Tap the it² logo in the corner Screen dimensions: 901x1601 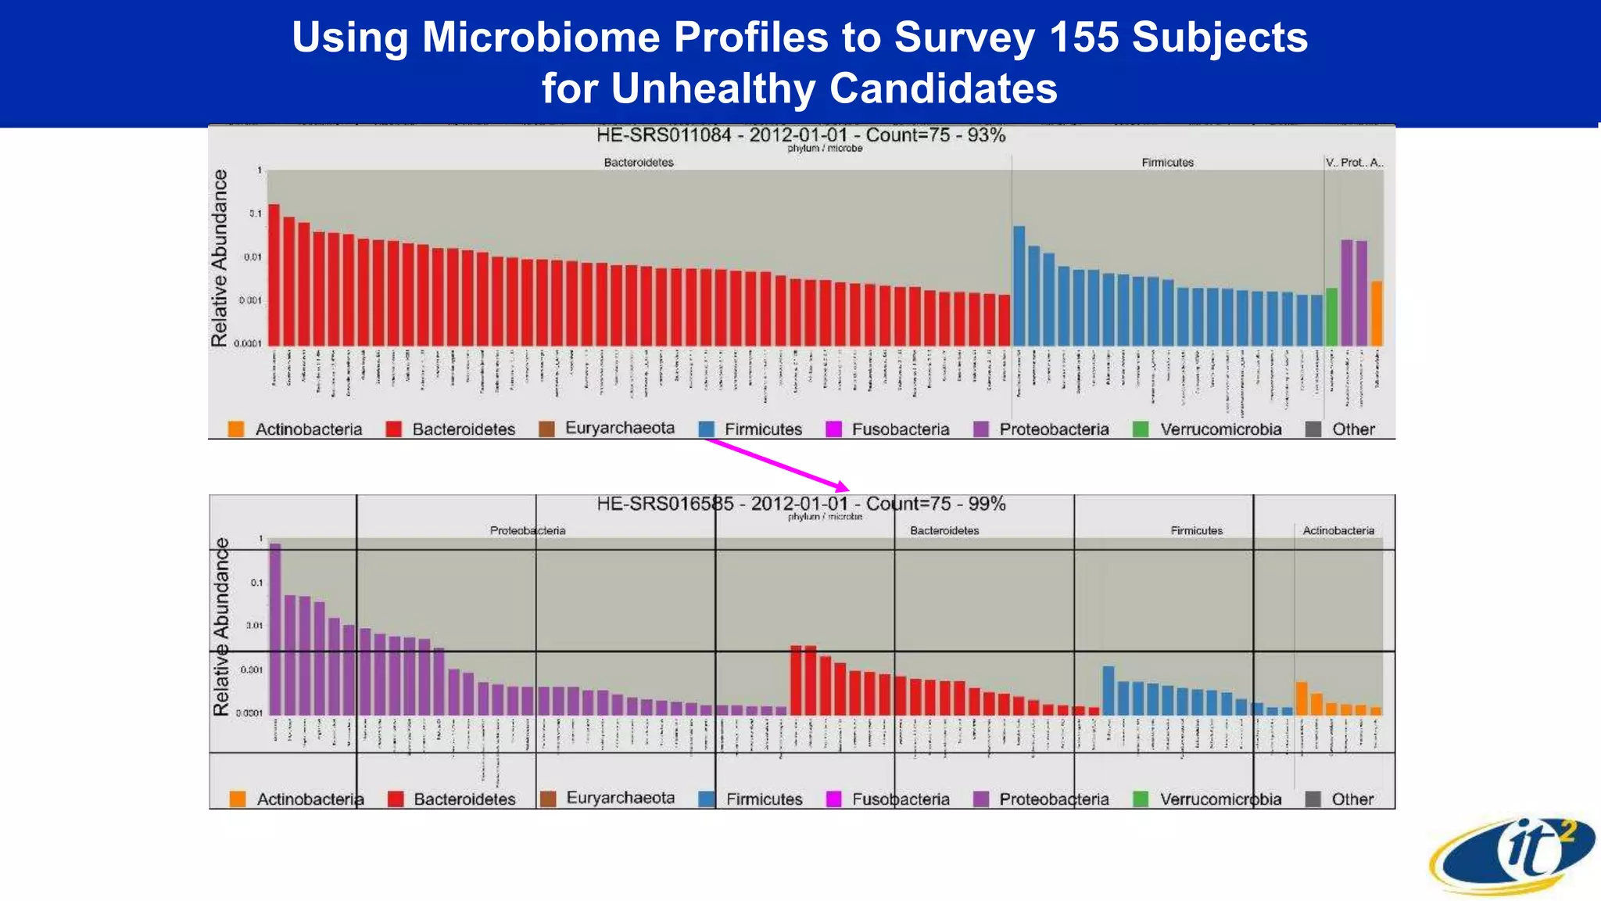1513,856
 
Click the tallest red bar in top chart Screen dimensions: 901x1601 274,274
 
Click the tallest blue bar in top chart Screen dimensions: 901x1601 1019,285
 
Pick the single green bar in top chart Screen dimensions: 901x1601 1331,317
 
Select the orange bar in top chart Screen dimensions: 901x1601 1377,313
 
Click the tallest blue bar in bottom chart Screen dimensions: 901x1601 1108,690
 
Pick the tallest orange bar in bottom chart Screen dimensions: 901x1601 1302,698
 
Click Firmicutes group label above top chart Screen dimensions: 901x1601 1167,163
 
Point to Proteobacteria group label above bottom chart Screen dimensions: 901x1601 528,530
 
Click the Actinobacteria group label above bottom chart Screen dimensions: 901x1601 1338,530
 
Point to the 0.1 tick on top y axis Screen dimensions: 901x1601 256,214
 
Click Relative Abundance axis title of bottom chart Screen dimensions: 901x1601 221,626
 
